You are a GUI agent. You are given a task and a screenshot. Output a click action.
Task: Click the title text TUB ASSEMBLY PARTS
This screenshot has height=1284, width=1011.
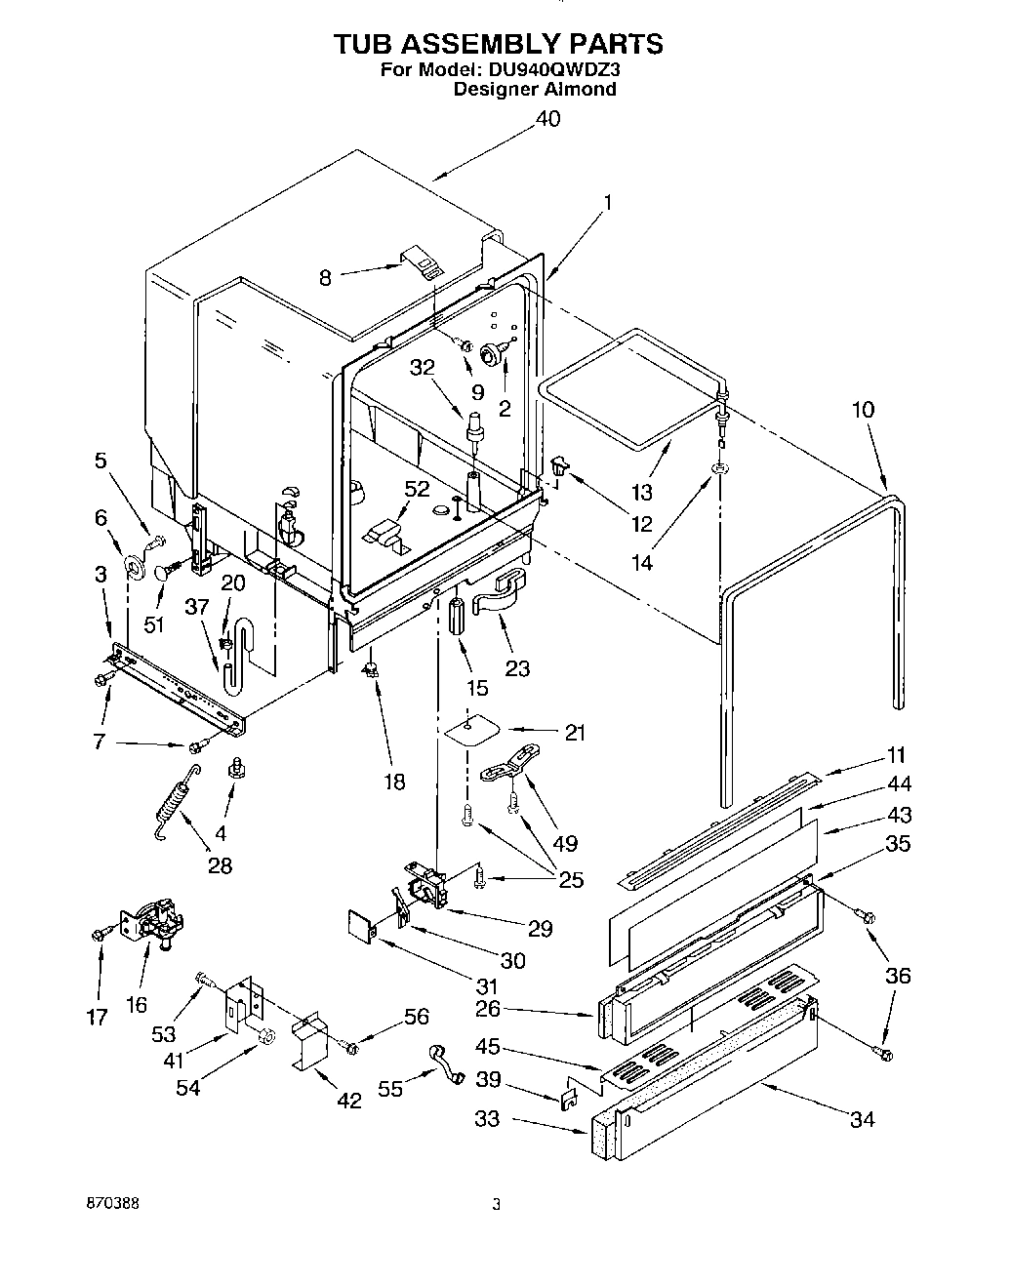click(x=499, y=44)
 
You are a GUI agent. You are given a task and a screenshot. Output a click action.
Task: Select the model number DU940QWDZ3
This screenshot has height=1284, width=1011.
click(x=550, y=70)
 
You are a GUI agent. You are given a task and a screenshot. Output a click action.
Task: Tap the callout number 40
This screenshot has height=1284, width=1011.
click(x=548, y=119)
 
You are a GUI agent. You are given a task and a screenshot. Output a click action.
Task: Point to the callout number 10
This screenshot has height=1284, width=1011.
click(x=863, y=409)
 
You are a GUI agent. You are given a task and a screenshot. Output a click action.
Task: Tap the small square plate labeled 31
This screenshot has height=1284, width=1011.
click(x=361, y=924)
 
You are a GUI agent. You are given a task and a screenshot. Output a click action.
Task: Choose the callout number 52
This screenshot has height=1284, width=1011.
click(x=416, y=489)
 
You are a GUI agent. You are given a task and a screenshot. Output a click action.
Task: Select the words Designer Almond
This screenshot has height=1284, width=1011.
click(x=535, y=90)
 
